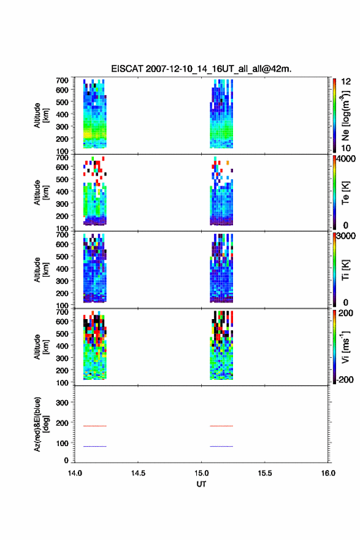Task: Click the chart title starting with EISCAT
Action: [x=201, y=69]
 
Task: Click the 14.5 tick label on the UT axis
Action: [x=138, y=473]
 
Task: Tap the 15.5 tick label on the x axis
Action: [x=265, y=473]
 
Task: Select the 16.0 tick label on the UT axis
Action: [x=328, y=473]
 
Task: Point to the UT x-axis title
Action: [x=201, y=484]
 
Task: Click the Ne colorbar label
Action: [x=346, y=116]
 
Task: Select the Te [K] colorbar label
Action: [x=345, y=193]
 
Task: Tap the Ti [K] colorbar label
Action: [x=345, y=270]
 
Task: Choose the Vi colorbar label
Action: [x=346, y=347]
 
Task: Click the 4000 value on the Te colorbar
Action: [x=346, y=159]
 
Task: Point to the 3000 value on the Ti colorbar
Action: [x=346, y=236]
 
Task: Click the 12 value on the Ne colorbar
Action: [x=346, y=82]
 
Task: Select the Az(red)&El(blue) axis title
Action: [x=42, y=424]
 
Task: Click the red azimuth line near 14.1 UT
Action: [x=95, y=426]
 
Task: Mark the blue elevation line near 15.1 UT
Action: [x=221, y=446]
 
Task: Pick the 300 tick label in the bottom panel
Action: [x=63, y=403]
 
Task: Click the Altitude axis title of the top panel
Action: [x=42, y=115]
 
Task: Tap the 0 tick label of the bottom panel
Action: [x=66, y=460]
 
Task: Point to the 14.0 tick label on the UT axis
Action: [x=75, y=473]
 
